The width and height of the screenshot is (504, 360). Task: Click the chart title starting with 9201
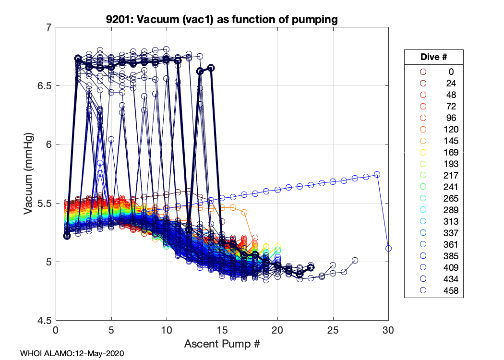click(222, 20)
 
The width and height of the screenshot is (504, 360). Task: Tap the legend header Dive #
click(433, 57)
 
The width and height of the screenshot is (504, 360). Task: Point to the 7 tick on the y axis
click(48, 27)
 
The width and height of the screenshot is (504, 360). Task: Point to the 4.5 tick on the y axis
click(45, 320)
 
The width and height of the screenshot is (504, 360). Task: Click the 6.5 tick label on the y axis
click(45, 86)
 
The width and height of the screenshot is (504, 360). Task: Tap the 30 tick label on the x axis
click(388, 330)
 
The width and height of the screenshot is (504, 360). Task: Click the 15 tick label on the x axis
click(222, 330)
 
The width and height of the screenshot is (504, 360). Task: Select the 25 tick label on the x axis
click(333, 330)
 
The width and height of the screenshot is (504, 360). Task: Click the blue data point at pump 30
click(388, 248)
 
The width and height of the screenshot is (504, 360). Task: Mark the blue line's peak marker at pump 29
click(377, 174)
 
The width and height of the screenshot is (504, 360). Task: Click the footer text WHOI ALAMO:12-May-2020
click(72, 353)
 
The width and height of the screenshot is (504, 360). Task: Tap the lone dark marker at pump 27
click(355, 260)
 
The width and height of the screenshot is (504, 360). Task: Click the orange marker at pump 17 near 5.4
click(244, 212)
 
